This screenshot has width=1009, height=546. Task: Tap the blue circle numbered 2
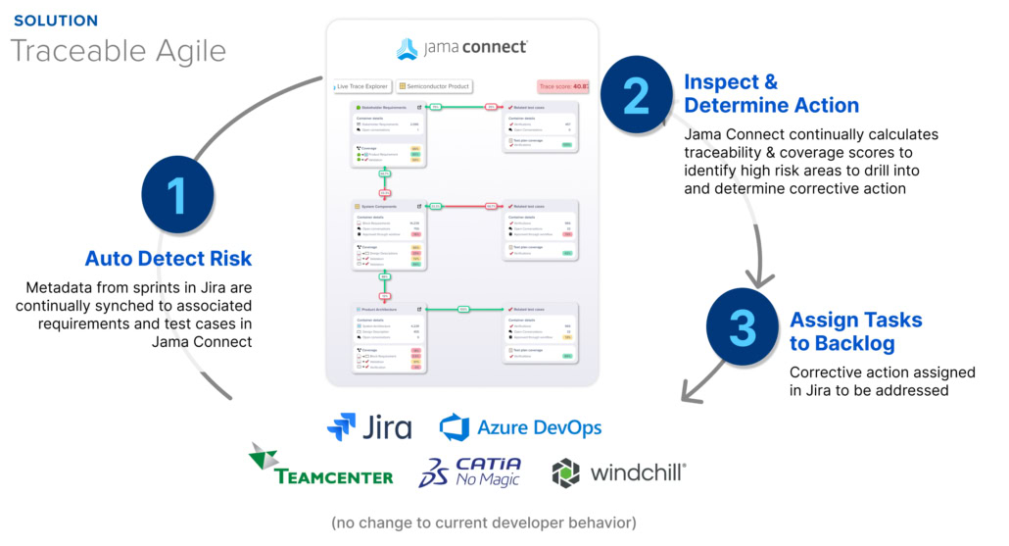pos(636,94)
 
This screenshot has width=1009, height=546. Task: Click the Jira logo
pos(369,427)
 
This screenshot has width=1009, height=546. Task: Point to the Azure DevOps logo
pos(520,427)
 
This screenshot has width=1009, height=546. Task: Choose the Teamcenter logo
pos(320,467)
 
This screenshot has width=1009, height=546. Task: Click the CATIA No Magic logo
pos(470,472)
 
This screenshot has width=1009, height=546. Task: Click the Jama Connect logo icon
pos(407,48)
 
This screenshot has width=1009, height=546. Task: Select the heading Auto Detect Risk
pos(168,259)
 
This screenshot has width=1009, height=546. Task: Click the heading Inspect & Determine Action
pos(771,93)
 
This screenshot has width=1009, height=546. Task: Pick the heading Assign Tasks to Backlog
pos(855,332)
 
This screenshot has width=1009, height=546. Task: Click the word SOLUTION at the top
pos(56,20)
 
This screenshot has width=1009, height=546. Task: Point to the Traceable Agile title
pos(119,50)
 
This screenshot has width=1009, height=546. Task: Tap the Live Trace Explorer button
pos(362,86)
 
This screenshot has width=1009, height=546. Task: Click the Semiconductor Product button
pos(435,86)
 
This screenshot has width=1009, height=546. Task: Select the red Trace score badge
pos(562,86)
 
